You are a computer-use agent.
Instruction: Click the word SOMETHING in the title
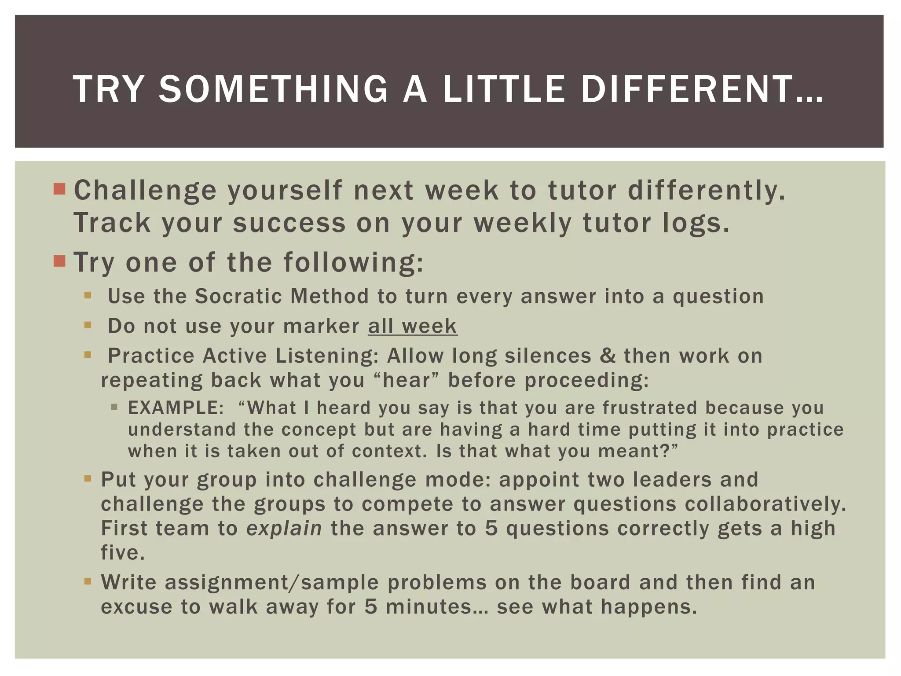click(x=273, y=89)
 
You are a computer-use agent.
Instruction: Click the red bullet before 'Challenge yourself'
click(x=59, y=189)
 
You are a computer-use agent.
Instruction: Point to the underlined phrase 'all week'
click(x=413, y=326)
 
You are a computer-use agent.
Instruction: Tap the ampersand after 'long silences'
click(x=608, y=356)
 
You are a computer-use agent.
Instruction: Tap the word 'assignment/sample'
click(x=271, y=583)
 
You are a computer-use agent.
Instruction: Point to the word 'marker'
click(x=321, y=326)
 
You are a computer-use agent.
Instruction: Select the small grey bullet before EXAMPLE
click(x=114, y=408)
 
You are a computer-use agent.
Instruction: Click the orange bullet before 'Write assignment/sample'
click(x=88, y=582)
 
